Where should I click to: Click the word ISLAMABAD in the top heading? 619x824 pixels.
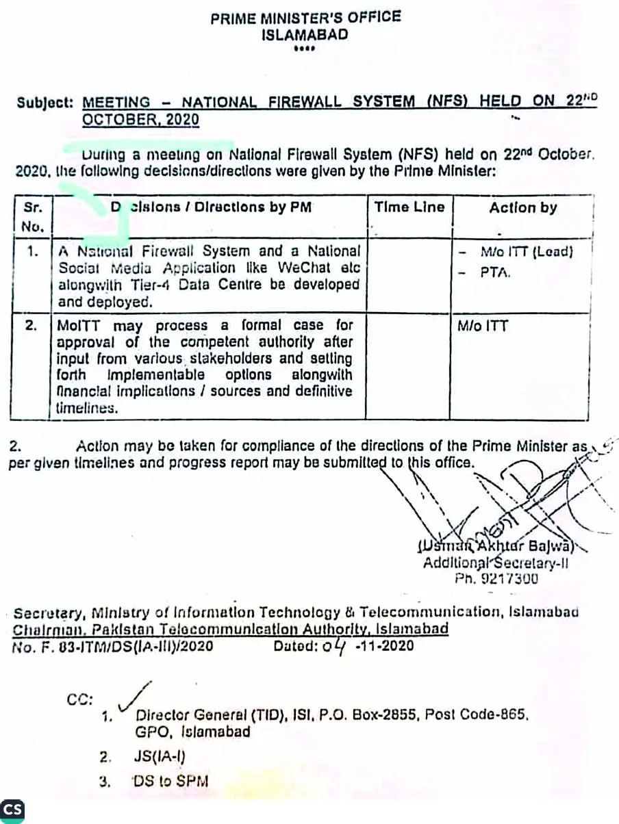(x=305, y=35)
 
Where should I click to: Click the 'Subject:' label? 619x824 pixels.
(x=45, y=103)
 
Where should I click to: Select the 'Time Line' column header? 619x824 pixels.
(x=409, y=207)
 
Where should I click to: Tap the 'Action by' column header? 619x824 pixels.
(x=523, y=208)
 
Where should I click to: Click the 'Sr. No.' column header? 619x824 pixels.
(x=33, y=216)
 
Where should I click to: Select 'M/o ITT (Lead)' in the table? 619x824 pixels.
(x=526, y=252)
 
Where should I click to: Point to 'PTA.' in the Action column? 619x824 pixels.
(x=496, y=272)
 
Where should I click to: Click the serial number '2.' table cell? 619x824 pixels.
(x=31, y=326)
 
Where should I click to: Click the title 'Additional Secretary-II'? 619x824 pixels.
(x=496, y=563)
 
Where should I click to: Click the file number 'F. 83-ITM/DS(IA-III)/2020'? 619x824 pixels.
(x=127, y=645)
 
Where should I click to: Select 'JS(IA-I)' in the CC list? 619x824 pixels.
(x=161, y=756)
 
